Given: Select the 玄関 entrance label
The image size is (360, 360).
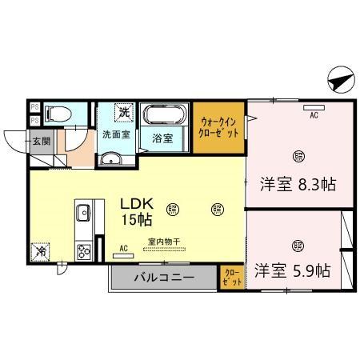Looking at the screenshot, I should [41, 142].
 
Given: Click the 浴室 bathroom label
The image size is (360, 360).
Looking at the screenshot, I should [163, 136].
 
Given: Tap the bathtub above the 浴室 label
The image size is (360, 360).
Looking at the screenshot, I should [166, 115].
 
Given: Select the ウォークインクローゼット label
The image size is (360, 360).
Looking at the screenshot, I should [220, 127].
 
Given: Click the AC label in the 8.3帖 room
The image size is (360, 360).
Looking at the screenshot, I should [314, 114].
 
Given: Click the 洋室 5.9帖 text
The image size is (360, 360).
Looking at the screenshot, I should [293, 270].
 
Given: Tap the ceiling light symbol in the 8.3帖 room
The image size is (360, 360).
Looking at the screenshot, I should [298, 155].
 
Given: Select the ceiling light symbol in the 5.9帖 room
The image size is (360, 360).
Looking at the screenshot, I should [298, 245].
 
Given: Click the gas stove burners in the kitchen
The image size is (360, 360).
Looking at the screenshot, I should [82, 251].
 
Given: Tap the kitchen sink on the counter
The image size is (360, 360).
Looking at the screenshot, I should [82, 214].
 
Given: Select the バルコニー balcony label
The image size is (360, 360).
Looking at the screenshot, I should [164, 278].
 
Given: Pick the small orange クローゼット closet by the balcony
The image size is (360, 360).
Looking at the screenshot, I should [230, 278].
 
